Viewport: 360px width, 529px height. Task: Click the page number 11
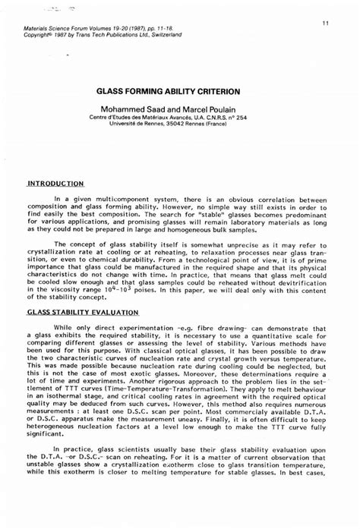(324, 23)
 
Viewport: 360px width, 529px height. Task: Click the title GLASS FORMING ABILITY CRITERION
(179, 90)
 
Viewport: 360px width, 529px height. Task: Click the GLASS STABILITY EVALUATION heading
(84, 312)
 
